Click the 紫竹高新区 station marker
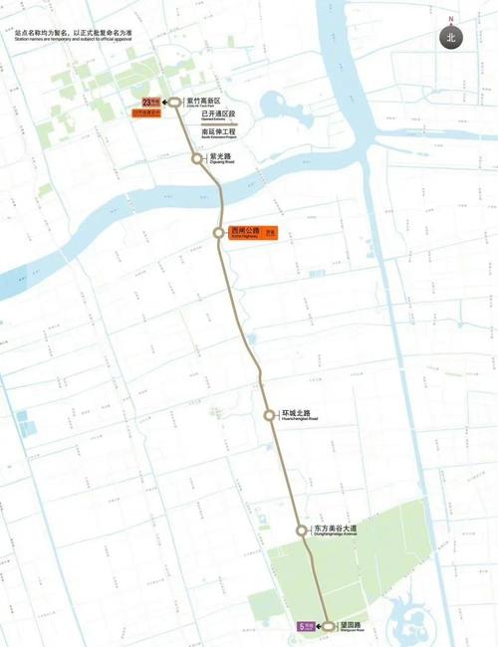pyautogui.click(x=175, y=102)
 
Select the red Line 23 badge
pyautogui.click(x=150, y=102)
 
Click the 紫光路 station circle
pyautogui.click(x=198, y=157)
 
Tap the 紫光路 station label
pyautogui.click(x=220, y=156)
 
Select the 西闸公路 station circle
pyautogui.click(x=218, y=232)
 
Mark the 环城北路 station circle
pyautogui.click(x=269, y=415)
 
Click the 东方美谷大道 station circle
pyautogui.click(x=302, y=531)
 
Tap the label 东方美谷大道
pyautogui.click(x=335, y=529)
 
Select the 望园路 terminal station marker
pyautogui.click(x=329, y=627)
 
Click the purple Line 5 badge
pyautogui.click(x=306, y=627)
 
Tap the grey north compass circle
pyautogui.click(x=451, y=37)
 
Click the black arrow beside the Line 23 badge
pyautogui.click(x=164, y=102)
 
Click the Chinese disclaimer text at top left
pyautogui.click(x=75, y=32)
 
